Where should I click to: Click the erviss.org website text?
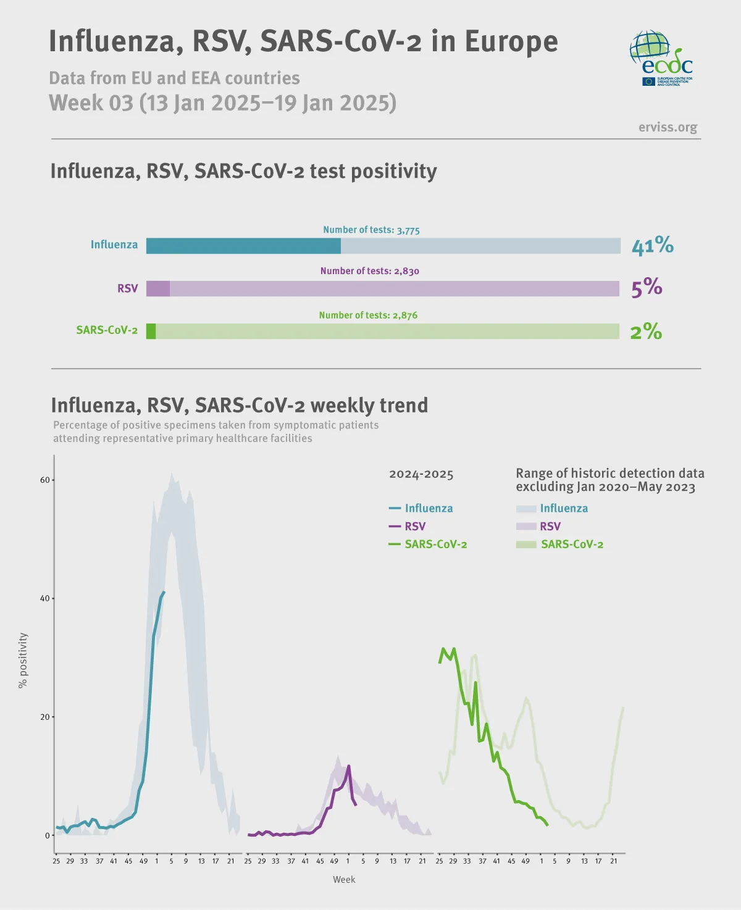[668, 127]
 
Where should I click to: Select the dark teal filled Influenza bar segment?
[243, 246]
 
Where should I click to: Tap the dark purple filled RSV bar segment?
[158, 288]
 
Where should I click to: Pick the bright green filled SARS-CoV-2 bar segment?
[151, 331]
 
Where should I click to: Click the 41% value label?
[652, 246]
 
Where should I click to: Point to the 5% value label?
[646, 288]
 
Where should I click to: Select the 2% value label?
[645, 332]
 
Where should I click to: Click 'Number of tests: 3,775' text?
[371, 230]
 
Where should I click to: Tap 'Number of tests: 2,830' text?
[369, 271]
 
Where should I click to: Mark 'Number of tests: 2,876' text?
[368, 315]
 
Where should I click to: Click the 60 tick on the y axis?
[44, 480]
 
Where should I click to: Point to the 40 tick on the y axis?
[44, 598]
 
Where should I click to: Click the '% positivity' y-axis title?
[23, 660]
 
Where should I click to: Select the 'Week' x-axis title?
[344, 879]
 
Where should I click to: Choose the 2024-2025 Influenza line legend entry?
[421, 508]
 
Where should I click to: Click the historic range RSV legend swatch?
[526, 526]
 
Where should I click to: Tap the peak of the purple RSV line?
[349, 766]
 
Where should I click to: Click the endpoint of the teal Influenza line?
[164, 592]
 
